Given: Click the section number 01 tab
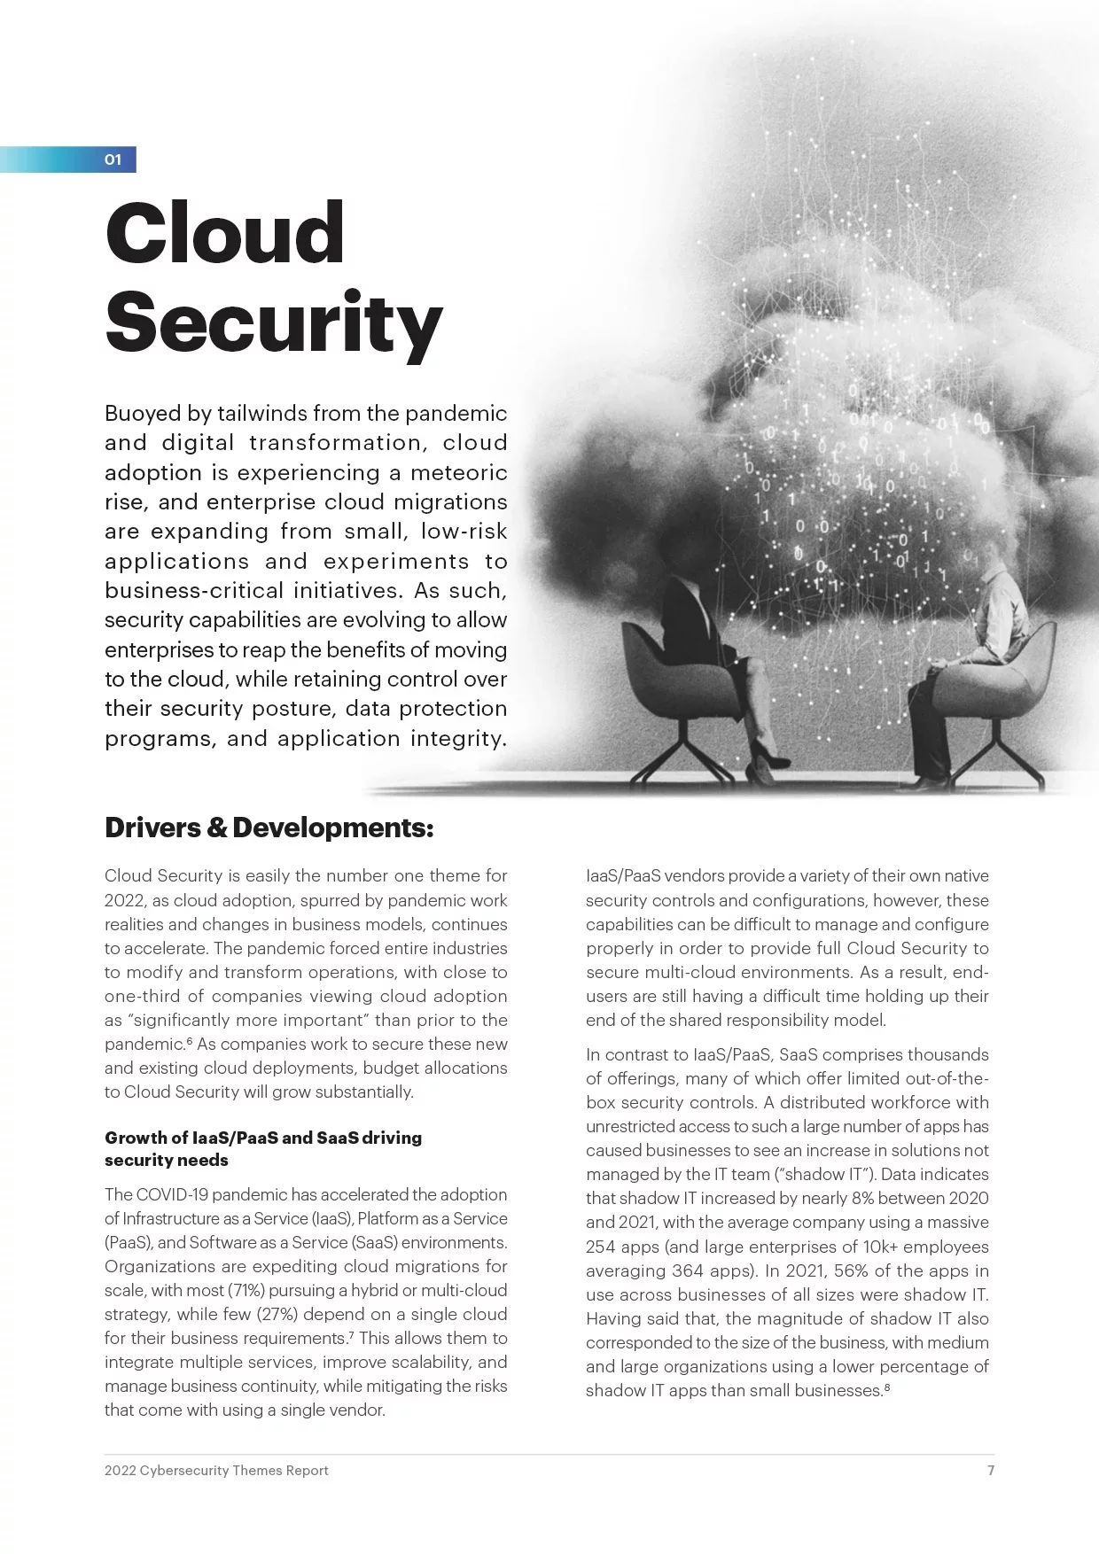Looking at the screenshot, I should (x=113, y=159).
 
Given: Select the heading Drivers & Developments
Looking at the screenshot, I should (x=269, y=828).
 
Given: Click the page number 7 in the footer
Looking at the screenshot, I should (x=991, y=1470).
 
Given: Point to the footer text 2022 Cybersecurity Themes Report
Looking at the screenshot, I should (x=216, y=1470).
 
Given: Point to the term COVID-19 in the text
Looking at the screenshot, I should (x=172, y=1194).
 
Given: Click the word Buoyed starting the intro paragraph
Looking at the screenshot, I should (x=143, y=414).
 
